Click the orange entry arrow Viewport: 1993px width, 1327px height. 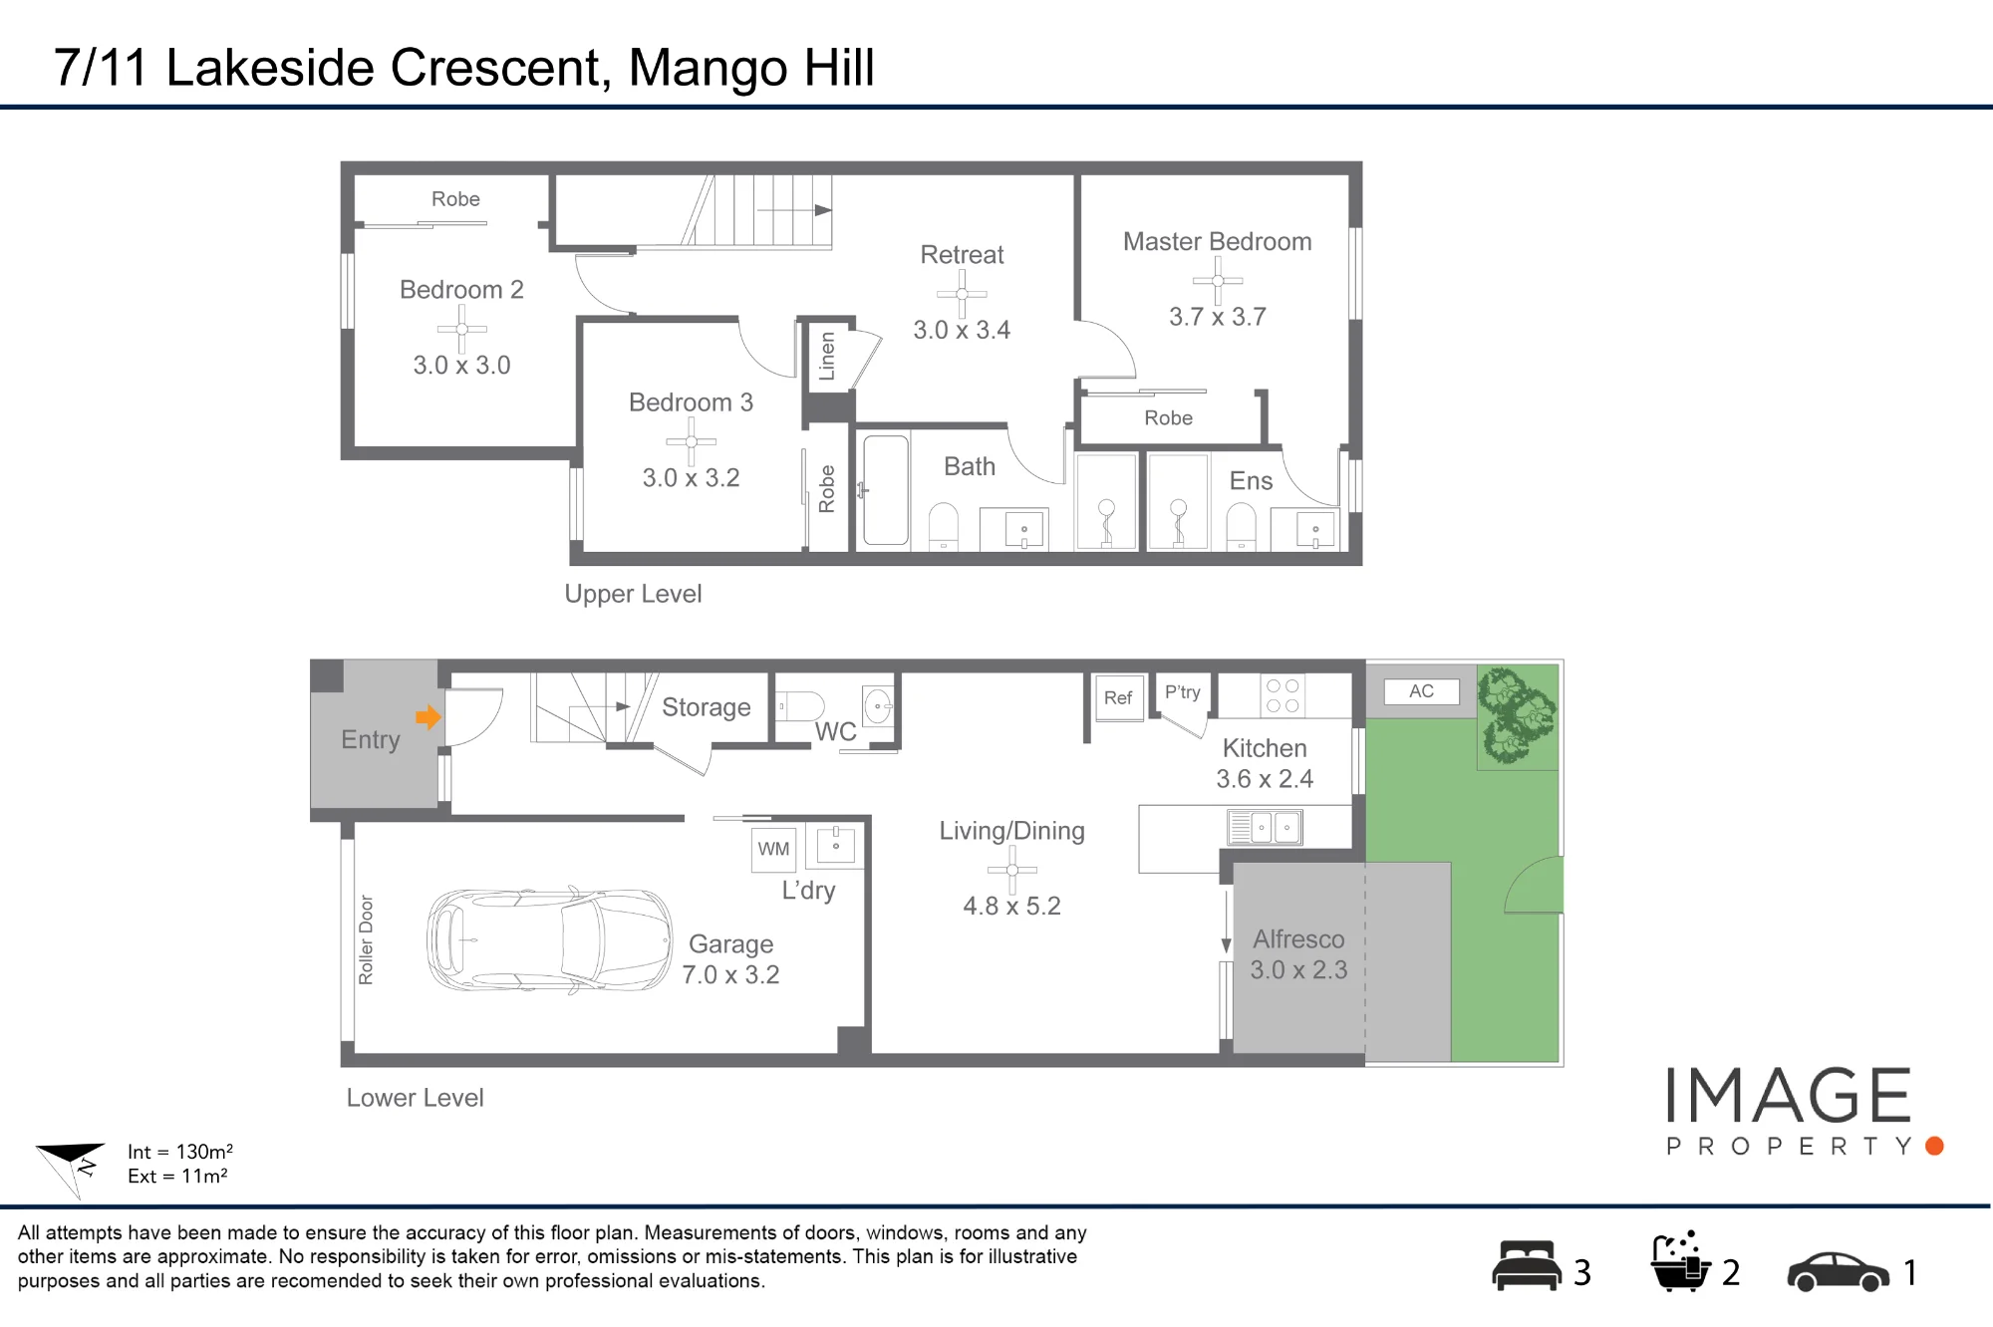[x=428, y=717]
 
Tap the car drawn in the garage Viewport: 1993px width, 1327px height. [x=550, y=940]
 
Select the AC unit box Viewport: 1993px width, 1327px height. [x=1421, y=691]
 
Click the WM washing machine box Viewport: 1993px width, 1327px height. [x=773, y=849]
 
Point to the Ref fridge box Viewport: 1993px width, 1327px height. [x=1118, y=698]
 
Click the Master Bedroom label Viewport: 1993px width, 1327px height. [x=1217, y=242]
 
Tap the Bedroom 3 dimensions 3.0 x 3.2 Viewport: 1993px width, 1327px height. [x=691, y=478]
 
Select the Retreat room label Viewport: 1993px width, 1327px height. [x=962, y=255]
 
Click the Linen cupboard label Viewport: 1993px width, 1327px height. [x=827, y=357]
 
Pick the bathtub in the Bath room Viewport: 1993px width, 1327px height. [x=886, y=490]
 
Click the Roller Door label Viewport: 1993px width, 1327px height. [x=366, y=939]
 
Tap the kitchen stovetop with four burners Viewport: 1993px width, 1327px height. [x=1281, y=695]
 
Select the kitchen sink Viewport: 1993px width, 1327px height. [x=1265, y=827]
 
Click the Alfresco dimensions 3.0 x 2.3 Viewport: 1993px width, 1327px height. [x=1298, y=970]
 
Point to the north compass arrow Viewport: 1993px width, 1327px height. [x=72, y=1167]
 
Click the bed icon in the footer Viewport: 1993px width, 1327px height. [x=1526, y=1265]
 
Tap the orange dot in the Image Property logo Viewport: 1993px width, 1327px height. [x=1935, y=1146]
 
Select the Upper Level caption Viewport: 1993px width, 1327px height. [x=633, y=595]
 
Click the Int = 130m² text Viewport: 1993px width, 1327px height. [x=180, y=1152]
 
